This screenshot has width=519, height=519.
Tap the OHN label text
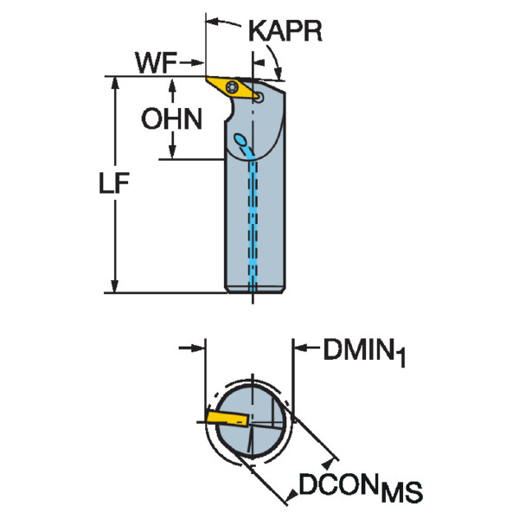click(172, 119)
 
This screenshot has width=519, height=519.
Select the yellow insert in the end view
click(227, 419)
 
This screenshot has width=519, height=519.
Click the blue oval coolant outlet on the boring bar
click(242, 140)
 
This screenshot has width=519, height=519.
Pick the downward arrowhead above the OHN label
click(174, 85)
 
